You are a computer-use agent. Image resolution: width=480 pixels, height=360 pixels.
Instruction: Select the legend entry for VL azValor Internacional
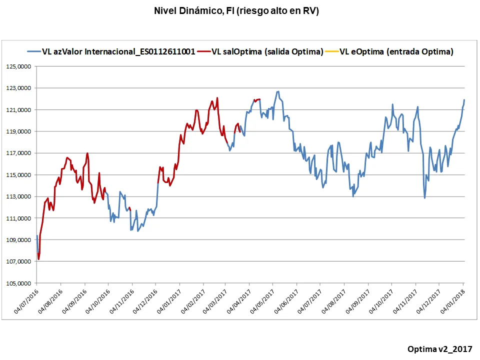click(118, 51)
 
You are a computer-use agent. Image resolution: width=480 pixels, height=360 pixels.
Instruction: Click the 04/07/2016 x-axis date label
click(25, 302)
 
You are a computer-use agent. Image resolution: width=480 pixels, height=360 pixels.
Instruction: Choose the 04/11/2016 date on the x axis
click(120, 302)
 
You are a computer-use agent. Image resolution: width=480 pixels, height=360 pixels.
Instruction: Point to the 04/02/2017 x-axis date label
click(191, 302)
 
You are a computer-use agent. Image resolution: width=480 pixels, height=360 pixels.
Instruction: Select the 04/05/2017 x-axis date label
click(261, 302)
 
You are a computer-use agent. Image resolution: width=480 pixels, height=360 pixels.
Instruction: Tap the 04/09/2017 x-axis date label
click(356, 302)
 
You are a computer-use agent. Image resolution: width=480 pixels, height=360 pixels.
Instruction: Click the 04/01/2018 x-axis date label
click(451, 302)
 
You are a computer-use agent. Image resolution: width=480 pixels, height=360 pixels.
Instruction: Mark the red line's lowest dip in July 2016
click(38, 259)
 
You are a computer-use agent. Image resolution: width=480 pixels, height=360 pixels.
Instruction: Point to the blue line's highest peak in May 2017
click(277, 91)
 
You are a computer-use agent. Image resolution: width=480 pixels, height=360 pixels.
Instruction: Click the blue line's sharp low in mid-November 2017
click(424, 198)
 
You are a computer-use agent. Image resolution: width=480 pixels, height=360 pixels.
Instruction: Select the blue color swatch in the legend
click(33, 51)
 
